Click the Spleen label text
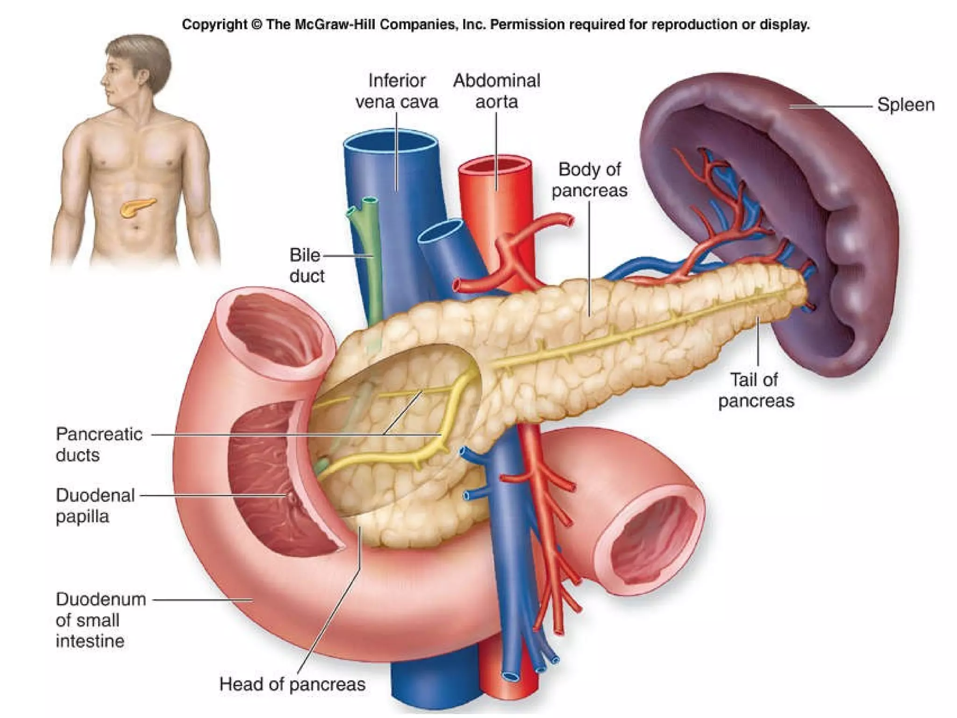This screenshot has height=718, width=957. click(x=906, y=105)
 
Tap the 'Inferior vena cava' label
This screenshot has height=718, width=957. click(x=397, y=91)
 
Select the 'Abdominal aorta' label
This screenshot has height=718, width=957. click(x=496, y=91)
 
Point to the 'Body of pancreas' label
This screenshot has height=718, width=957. click(x=589, y=180)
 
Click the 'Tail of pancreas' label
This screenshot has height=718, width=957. click(x=756, y=390)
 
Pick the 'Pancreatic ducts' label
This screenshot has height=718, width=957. click(x=99, y=445)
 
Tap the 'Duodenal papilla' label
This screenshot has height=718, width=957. click(x=95, y=506)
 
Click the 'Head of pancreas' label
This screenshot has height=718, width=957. click(x=292, y=684)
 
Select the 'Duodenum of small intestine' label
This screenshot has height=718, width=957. click(x=100, y=620)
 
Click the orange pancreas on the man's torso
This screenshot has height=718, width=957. click(x=137, y=207)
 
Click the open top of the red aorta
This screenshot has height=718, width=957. click(x=495, y=166)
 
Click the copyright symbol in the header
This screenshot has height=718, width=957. click(x=257, y=24)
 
